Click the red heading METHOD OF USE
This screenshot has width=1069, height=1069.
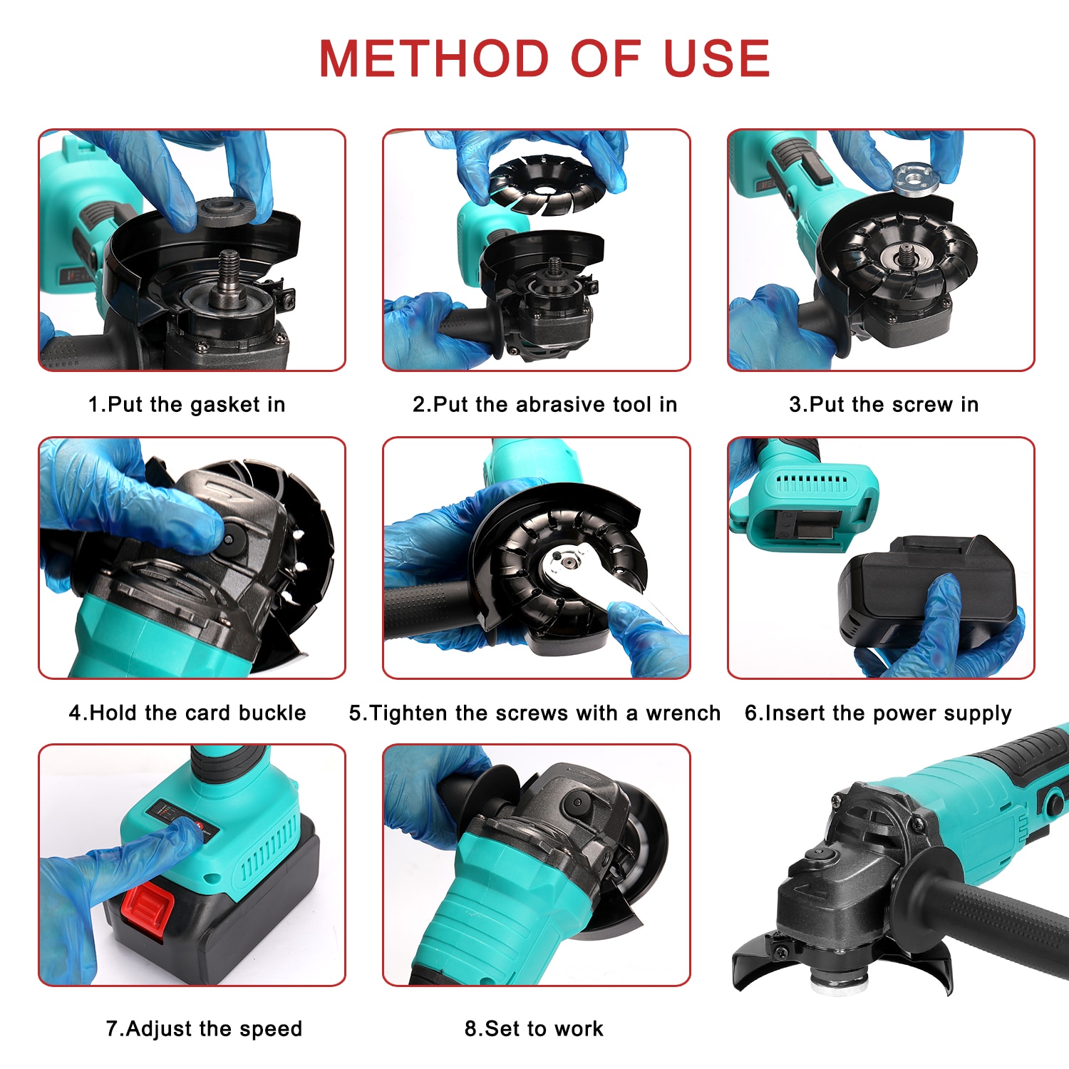pos(544,58)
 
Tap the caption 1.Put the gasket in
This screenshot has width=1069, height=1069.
pos(187,405)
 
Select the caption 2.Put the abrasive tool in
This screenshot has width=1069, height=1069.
pos(544,405)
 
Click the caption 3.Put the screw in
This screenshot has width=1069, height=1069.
pos(884,405)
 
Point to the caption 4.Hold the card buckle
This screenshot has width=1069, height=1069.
pos(187,713)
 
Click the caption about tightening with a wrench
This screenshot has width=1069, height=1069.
pos(534,713)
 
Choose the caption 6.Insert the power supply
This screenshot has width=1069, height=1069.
pos(878,713)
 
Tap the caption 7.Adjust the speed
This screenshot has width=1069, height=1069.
pos(205,1028)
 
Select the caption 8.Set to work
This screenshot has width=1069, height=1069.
pos(534,1028)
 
